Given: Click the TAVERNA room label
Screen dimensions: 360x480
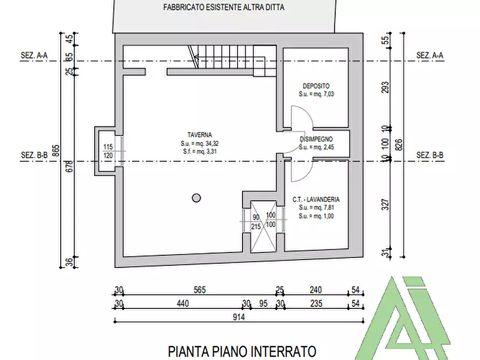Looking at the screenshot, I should (x=199, y=135).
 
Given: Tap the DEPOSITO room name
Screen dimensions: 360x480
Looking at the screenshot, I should (x=316, y=86).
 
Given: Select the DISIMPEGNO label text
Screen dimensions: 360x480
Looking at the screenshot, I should (x=317, y=139).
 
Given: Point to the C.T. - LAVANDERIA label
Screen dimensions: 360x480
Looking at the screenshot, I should (x=316, y=199).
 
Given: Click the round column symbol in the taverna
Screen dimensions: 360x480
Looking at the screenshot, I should (x=196, y=197).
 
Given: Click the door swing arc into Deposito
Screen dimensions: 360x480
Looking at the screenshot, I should (x=297, y=117).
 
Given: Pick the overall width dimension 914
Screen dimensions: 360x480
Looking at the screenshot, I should (x=239, y=318).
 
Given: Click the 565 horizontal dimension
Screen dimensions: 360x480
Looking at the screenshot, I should (x=199, y=290).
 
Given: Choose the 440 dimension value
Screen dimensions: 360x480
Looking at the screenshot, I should (x=183, y=304).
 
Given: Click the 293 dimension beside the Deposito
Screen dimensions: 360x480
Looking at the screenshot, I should (x=384, y=87).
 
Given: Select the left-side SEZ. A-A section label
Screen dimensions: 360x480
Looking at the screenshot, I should (x=34, y=55).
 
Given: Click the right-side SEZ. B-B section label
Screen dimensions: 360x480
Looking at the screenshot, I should (x=430, y=156).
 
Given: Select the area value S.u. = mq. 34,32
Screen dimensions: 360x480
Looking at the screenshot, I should (x=199, y=144).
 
